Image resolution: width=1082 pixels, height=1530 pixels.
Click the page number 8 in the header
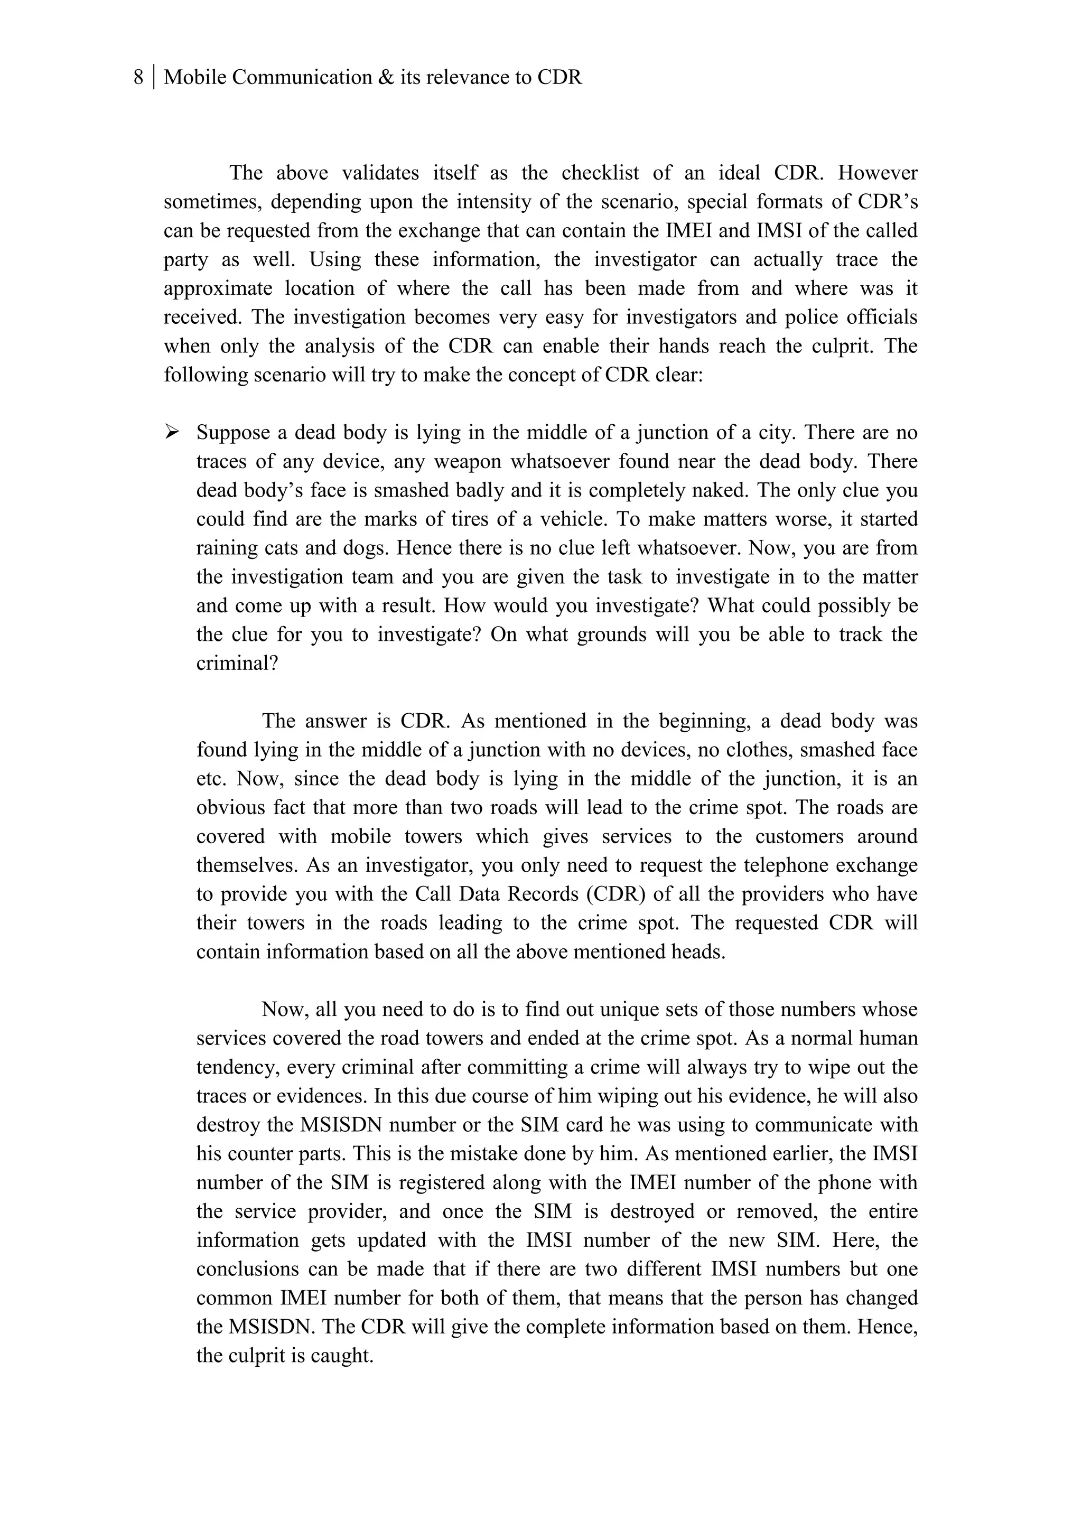[x=138, y=78]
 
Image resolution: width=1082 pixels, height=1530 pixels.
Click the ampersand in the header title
[x=386, y=78]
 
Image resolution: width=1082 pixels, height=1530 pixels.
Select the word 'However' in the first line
[x=878, y=173]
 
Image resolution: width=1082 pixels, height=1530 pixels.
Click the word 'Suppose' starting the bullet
[x=232, y=433]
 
